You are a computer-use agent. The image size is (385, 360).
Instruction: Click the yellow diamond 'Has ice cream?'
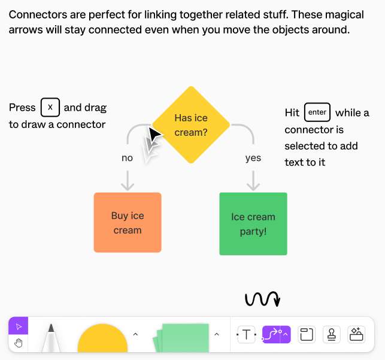pos(190,125)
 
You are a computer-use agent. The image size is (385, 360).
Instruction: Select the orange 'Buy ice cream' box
pos(128,222)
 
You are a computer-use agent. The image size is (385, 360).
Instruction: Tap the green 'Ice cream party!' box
pos(253,224)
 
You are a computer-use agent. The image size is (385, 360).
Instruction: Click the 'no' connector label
pos(127,158)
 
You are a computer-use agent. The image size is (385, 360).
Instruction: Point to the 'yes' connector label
pos(253,158)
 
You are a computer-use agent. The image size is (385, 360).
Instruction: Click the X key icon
pos(50,108)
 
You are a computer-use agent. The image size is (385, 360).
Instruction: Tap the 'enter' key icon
pos(317,112)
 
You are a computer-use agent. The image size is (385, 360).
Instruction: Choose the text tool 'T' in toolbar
pos(246,335)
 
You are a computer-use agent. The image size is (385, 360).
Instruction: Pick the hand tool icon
pos(19,343)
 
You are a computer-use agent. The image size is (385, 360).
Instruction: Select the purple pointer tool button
pos(19,327)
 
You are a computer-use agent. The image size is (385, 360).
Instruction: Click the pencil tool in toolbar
pos(51,338)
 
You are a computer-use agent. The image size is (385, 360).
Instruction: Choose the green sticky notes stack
pos(181,339)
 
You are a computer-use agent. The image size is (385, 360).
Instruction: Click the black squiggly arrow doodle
pos(262,299)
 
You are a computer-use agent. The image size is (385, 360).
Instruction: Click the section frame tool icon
pos(307,335)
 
